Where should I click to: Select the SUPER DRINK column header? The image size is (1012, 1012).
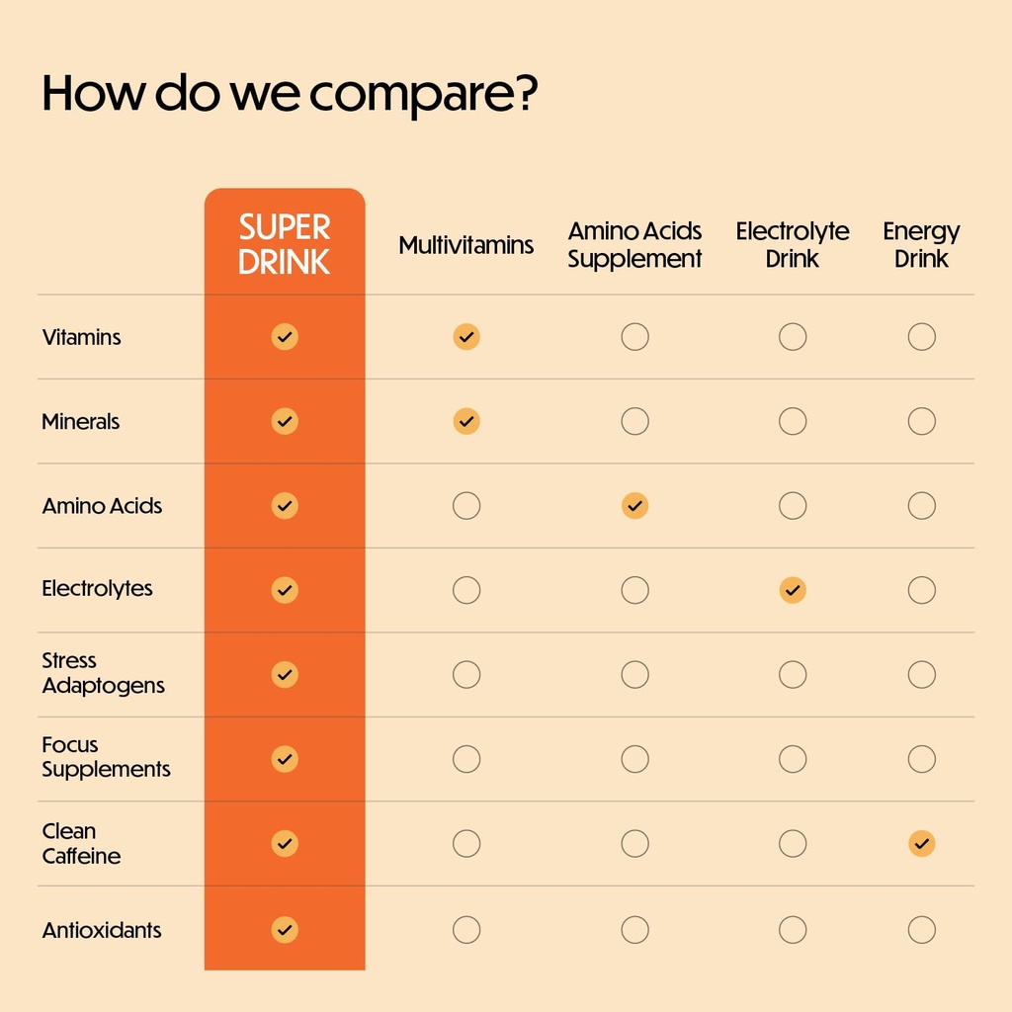point(285,245)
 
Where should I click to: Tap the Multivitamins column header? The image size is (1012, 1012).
point(466,245)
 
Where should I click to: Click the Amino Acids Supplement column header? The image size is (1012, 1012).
point(634,245)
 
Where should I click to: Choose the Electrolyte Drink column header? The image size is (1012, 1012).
point(793,245)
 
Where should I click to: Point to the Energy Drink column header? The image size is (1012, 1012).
point(921,245)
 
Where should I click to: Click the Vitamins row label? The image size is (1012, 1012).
point(81,337)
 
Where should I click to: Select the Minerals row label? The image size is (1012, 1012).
point(80,422)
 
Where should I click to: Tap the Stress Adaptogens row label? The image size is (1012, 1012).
point(103,673)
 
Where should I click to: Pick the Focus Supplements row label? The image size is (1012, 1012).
point(106,757)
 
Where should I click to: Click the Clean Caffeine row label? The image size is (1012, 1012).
point(81,843)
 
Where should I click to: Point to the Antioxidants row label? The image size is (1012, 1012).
point(102,930)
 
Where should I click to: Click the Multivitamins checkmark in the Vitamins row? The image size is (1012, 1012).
point(466,337)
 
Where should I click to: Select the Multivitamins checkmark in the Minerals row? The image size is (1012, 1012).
point(466,422)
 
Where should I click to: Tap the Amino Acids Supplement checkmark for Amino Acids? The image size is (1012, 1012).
point(634,506)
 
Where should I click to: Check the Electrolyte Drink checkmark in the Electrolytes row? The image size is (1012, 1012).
point(793,591)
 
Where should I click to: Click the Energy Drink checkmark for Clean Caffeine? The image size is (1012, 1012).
point(921,844)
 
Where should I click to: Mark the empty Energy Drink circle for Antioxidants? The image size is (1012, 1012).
point(921,930)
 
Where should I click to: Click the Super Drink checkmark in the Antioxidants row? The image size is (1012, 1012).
point(285,930)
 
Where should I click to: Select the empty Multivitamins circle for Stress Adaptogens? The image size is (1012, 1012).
point(466,675)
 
